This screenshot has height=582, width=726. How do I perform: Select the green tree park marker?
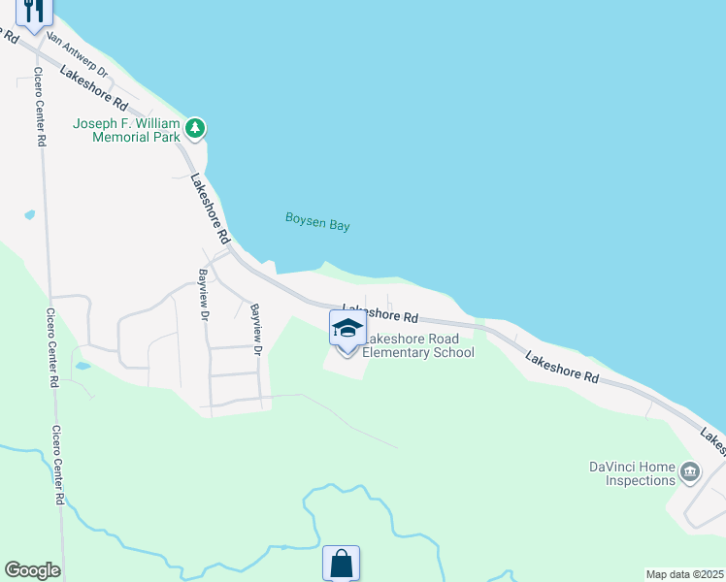pyautogui.click(x=195, y=128)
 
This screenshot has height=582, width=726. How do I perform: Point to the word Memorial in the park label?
pyautogui.click(x=121, y=138)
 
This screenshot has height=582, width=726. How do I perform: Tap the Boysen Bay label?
pyautogui.click(x=317, y=222)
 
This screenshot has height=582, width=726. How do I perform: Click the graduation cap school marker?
pyautogui.click(x=347, y=328)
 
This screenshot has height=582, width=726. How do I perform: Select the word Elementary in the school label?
pyautogui.click(x=394, y=352)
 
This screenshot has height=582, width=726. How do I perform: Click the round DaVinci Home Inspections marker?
pyautogui.click(x=690, y=472)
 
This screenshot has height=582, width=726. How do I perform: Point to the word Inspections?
pyautogui.click(x=641, y=480)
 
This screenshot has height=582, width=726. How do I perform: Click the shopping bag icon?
pyautogui.click(x=341, y=563)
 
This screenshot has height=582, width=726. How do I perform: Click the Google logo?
pyautogui.click(x=32, y=570)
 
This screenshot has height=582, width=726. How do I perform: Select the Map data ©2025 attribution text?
pyautogui.click(x=683, y=574)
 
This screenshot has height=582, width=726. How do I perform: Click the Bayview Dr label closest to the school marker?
pyautogui.click(x=257, y=328)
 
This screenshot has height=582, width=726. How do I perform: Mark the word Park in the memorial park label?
pyautogui.click(x=166, y=138)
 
